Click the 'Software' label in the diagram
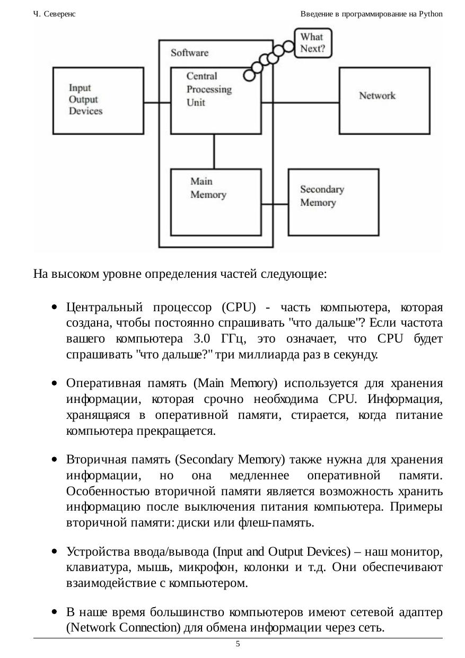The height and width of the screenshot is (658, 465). click(x=190, y=53)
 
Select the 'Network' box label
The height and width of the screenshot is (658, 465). click(x=377, y=96)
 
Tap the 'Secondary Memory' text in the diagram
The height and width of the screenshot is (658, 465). click(x=322, y=196)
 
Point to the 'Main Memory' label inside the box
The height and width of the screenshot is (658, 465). click(x=208, y=188)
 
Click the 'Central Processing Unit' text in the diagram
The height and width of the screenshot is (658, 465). click(x=209, y=89)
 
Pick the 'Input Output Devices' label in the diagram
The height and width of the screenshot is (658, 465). click(x=85, y=99)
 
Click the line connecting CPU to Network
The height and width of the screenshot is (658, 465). click(x=300, y=103)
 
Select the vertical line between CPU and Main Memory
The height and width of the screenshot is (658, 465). click(x=214, y=152)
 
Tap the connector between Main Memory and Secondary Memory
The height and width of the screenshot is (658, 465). click(x=275, y=204)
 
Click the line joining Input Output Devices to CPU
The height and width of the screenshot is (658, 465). click(x=157, y=103)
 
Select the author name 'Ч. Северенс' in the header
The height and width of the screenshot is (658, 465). click(x=54, y=14)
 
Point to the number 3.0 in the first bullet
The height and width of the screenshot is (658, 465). click(x=201, y=339)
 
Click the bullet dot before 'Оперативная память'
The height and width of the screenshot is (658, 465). click(x=54, y=383)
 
